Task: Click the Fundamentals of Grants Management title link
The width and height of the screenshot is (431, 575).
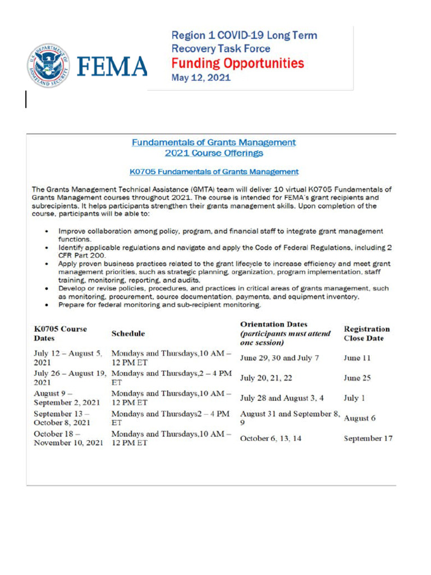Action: tap(214, 143)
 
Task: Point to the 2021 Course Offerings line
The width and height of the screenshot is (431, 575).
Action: tap(214, 153)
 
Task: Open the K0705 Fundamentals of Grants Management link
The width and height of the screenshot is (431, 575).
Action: tap(214, 171)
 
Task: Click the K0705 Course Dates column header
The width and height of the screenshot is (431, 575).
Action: tap(61, 334)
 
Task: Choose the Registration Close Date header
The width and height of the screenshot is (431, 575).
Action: tap(366, 334)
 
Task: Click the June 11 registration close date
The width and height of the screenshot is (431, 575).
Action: tap(357, 358)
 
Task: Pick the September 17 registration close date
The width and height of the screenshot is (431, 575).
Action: tap(368, 438)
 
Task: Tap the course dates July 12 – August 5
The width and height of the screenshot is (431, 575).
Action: tap(68, 358)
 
